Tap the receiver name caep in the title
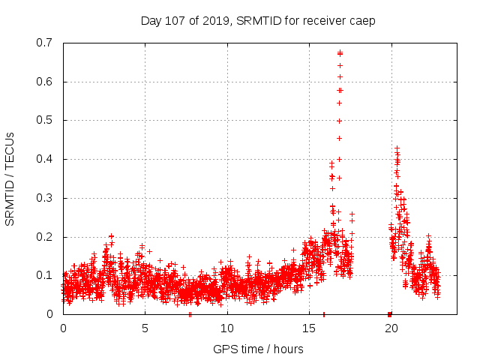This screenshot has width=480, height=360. (x=360, y=20)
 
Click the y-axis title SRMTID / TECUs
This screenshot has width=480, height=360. (x=10, y=179)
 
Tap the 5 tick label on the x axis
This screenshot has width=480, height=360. (x=145, y=328)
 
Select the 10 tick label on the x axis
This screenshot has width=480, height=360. (x=227, y=328)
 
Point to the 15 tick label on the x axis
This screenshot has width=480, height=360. (x=309, y=328)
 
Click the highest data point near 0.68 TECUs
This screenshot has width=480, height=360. (x=340, y=52)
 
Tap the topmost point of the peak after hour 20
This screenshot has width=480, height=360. (x=397, y=148)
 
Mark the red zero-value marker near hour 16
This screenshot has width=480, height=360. (x=324, y=314)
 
